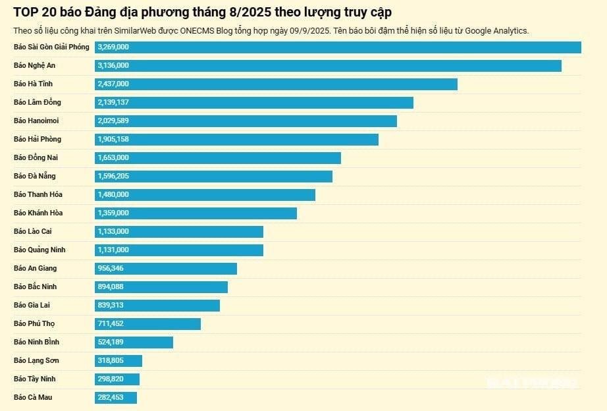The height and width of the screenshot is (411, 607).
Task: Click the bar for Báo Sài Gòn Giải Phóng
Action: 338,47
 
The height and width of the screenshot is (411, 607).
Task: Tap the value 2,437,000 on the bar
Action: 113,84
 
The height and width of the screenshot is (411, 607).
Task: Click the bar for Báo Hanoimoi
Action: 246,121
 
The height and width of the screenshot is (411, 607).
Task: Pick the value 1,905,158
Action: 113,140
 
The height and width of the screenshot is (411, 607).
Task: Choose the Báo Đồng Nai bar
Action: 218,158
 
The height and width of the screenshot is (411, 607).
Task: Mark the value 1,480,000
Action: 113,195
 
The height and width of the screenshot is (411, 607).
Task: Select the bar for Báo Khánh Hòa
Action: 196,213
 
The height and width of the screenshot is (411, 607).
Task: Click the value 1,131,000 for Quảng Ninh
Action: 113,250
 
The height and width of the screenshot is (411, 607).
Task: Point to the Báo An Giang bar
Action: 166,269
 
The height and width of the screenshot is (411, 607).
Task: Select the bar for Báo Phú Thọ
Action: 147,324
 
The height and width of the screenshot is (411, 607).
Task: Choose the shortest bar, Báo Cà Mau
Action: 116,398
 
